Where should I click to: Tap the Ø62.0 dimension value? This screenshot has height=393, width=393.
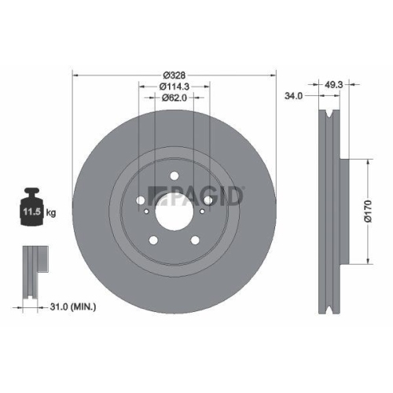tap(174, 97)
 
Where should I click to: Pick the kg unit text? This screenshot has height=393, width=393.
tap(51, 212)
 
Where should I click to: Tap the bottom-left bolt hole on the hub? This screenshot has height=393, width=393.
tap(154, 239)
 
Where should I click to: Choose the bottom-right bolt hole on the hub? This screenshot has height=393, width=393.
tap(195, 239)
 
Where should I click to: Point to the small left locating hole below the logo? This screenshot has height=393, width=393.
tap(147, 211)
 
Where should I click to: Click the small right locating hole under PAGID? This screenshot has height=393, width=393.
tap(202, 211)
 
